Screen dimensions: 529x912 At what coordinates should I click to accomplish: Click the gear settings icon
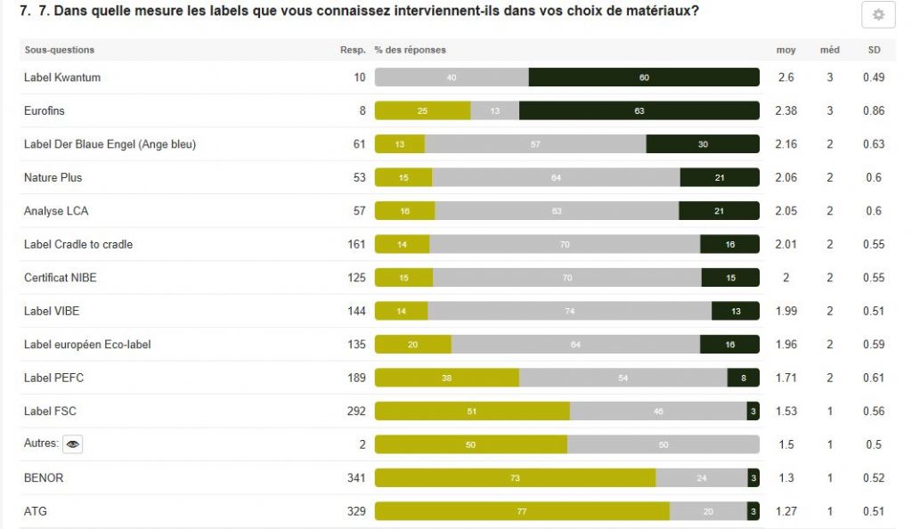tap(878, 15)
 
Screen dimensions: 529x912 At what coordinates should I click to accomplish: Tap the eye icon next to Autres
tap(72, 444)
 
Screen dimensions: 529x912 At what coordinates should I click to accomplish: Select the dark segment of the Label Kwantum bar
tap(644, 77)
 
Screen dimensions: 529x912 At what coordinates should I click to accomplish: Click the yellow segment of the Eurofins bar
tap(422, 111)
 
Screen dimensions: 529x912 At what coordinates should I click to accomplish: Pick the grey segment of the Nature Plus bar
tap(556, 178)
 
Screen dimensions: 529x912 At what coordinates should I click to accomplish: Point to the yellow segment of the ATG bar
tap(522, 511)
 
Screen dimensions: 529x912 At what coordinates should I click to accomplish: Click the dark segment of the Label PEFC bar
tap(744, 378)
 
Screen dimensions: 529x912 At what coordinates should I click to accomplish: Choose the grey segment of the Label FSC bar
tap(658, 411)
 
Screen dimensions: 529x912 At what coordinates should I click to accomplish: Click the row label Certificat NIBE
tap(61, 278)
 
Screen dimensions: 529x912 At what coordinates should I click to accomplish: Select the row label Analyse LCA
tap(56, 211)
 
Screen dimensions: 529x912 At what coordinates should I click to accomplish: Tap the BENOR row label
tap(44, 478)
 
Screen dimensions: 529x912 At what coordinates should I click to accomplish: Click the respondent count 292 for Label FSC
tap(356, 411)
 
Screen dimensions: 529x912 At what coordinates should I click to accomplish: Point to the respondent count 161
tap(356, 244)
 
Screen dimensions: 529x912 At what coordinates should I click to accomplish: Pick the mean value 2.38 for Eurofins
tap(786, 111)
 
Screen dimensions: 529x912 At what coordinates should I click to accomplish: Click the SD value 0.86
tap(874, 111)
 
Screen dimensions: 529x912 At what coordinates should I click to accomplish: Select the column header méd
tap(829, 50)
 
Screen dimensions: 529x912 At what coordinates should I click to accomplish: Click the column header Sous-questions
tap(59, 50)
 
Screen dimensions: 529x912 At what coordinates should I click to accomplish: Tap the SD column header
tap(874, 50)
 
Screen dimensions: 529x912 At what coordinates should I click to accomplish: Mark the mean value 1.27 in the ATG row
tap(786, 511)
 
